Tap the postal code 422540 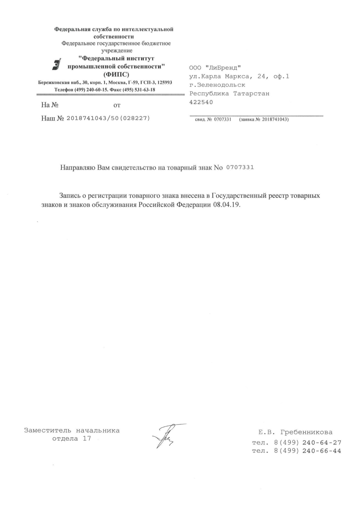point(201,102)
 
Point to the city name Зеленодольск point(221,85)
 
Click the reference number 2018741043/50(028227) point(108,118)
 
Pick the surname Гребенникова point(307,432)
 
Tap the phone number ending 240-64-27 point(322,443)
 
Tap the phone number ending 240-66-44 point(322,451)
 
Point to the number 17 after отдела point(87,438)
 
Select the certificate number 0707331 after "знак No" point(240,168)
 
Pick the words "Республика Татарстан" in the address point(229,93)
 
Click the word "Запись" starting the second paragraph point(69,195)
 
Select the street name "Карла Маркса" point(223,76)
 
